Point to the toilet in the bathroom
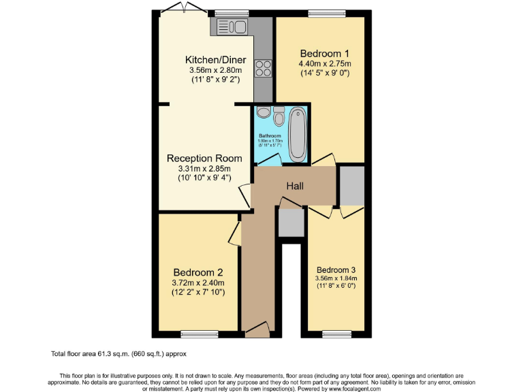click(279, 118)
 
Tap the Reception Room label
click(204, 158)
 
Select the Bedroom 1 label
click(325, 54)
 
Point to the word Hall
click(295, 186)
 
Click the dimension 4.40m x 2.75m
click(325, 65)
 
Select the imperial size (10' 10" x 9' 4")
click(204, 178)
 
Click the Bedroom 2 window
click(200, 333)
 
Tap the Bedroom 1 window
click(327, 13)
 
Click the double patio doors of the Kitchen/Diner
click(184, 9)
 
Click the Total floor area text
click(118, 354)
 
